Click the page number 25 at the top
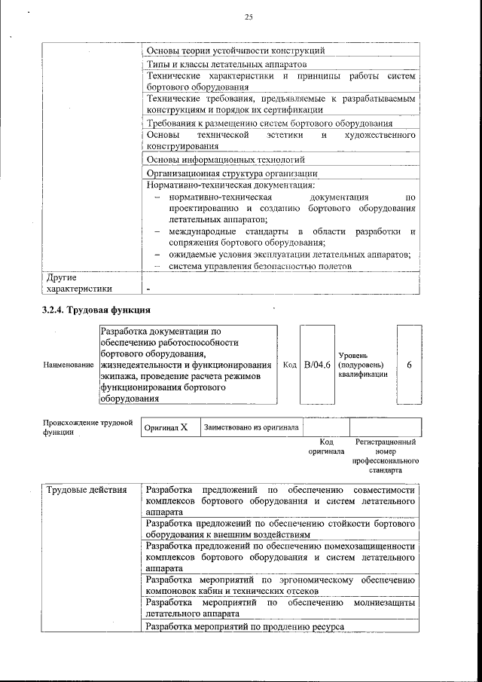249,17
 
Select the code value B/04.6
317,365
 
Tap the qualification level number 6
409,365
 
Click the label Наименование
69,365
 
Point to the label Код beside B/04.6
289,365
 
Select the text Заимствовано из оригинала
251,427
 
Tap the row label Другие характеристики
79,283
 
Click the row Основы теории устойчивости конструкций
235,51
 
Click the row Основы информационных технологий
225,160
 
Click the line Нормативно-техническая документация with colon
230,185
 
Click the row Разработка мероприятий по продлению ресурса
245,627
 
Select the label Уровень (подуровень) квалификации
362,364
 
